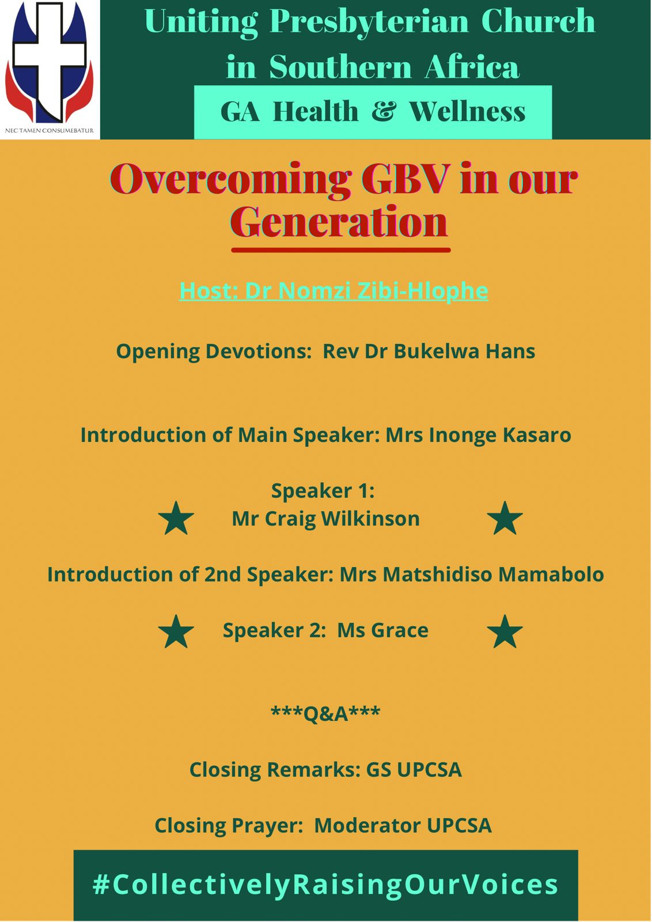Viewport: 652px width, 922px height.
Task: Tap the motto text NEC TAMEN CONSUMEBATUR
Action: (50, 130)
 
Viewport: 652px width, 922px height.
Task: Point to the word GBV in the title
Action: (405, 179)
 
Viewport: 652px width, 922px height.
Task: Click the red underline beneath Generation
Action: (341, 250)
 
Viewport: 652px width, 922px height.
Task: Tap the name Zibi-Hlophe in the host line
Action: (423, 290)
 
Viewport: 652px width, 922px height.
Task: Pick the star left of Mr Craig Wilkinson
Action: (176, 519)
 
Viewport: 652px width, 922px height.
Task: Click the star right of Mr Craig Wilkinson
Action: (505, 519)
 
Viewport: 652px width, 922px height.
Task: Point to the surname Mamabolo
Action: (551, 574)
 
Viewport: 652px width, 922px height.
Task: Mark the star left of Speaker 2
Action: (176, 632)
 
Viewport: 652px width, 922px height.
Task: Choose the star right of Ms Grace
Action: (505, 632)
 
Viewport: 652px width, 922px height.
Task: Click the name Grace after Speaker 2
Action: (399, 630)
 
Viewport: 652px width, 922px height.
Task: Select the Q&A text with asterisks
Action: (326, 713)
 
